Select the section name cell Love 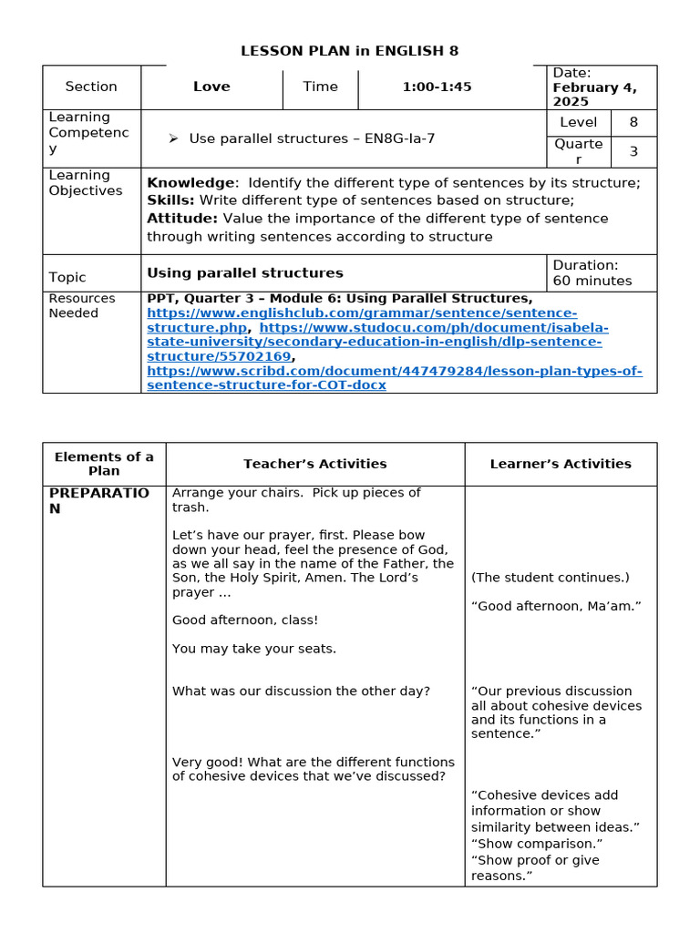pyautogui.click(x=211, y=87)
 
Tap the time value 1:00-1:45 pyautogui.click(x=437, y=87)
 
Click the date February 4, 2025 pyautogui.click(x=594, y=95)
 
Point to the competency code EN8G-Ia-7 pyautogui.click(x=399, y=138)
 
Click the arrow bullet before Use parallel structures pyautogui.click(x=172, y=138)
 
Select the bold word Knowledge pyautogui.click(x=190, y=183)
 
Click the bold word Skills pyautogui.click(x=170, y=200)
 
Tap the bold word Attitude pyautogui.click(x=182, y=219)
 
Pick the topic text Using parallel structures pyautogui.click(x=245, y=272)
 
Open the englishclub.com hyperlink pyautogui.click(x=361, y=313)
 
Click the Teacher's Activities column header pyautogui.click(x=314, y=464)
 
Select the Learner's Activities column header pyautogui.click(x=561, y=464)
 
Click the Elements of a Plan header pyautogui.click(x=104, y=464)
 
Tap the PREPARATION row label pyautogui.click(x=98, y=500)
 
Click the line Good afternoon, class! pyautogui.click(x=245, y=620)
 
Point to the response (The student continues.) pyautogui.click(x=550, y=578)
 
